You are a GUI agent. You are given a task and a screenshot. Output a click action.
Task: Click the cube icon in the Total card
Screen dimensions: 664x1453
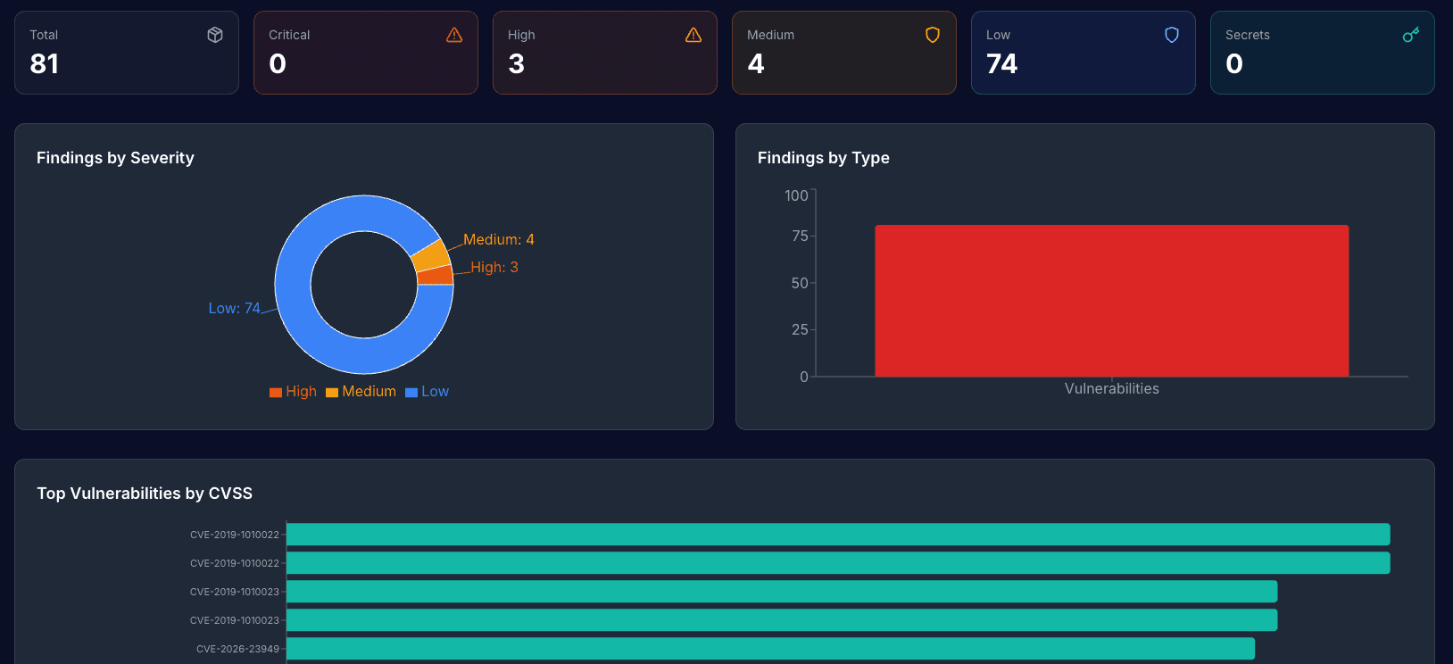(215, 35)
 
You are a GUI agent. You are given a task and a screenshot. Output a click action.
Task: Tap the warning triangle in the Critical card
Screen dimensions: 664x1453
(454, 35)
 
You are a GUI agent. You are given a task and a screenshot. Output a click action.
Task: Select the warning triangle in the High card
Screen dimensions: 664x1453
(693, 35)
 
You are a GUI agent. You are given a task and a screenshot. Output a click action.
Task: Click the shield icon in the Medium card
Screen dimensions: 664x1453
(933, 35)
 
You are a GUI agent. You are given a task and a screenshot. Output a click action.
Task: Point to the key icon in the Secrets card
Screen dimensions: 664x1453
(1411, 35)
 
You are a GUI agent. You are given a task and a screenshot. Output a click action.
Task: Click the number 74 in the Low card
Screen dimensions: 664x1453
(1001, 64)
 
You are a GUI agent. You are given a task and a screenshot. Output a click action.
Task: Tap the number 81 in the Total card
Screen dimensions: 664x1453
(45, 64)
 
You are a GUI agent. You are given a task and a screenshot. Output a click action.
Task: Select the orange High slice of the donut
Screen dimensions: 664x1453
(435, 275)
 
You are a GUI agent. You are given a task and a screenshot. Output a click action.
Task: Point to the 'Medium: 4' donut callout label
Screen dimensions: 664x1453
(498, 239)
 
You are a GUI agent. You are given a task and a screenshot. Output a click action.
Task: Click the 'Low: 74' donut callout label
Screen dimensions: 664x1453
(234, 308)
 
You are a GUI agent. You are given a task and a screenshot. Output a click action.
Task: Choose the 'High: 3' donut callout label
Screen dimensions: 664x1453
(494, 267)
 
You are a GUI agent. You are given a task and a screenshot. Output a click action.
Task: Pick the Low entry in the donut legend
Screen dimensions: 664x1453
(428, 392)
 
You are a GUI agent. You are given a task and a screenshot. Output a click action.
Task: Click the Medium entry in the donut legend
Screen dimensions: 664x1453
(361, 392)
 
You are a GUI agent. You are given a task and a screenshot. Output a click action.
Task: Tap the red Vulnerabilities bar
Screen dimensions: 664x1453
(1111, 301)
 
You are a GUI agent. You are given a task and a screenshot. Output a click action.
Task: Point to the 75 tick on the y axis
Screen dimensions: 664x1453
(800, 236)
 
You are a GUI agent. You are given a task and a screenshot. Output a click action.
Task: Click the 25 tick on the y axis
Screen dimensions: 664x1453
(800, 329)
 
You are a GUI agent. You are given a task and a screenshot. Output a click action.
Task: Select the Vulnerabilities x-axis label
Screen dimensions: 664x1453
(1111, 388)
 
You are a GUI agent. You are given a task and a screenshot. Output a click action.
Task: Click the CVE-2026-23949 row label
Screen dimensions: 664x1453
(237, 649)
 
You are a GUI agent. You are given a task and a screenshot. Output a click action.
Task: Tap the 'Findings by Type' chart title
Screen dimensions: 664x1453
(823, 158)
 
